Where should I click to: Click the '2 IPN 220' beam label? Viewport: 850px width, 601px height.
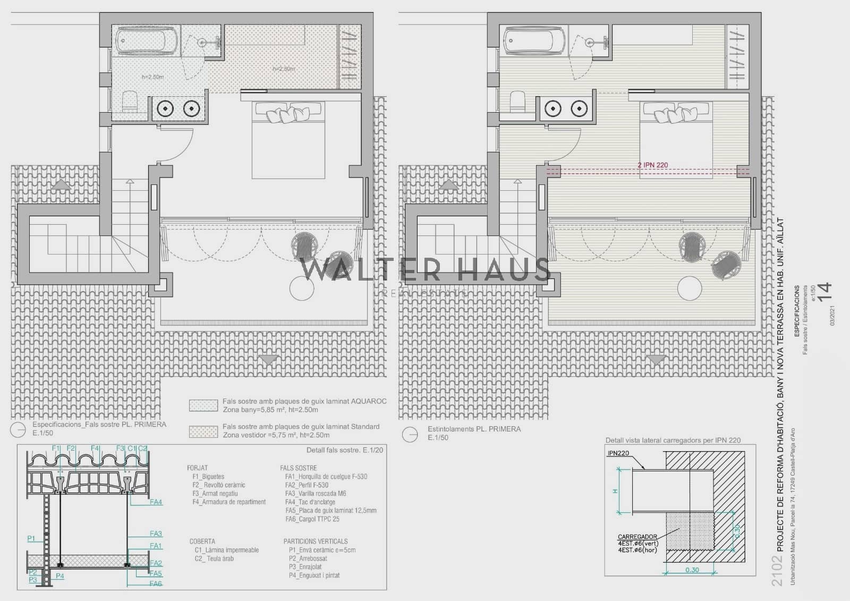click(x=653, y=165)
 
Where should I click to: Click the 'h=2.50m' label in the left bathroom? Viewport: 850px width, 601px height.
click(x=153, y=77)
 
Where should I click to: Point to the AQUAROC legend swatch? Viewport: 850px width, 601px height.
click(x=203, y=405)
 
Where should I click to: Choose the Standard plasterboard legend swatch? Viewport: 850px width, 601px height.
click(x=203, y=431)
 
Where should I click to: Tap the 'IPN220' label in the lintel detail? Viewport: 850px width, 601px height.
click(x=618, y=454)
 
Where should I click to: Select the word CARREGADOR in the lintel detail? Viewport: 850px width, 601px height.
click(x=637, y=537)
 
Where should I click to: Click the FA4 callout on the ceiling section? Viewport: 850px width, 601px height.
click(x=156, y=502)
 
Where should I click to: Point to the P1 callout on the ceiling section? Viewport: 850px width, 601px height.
click(x=31, y=539)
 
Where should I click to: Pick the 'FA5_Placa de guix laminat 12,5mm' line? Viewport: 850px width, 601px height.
click(x=330, y=511)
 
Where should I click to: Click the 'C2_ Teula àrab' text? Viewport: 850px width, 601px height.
click(x=214, y=558)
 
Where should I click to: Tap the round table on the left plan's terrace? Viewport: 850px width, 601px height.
click(x=302, y=289)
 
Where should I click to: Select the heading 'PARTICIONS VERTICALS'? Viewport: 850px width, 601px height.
click(x=316, y=541)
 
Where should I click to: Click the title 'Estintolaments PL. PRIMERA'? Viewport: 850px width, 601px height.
click(x=474, y=429)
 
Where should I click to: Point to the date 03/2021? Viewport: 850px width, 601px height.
click(x=832, y=315)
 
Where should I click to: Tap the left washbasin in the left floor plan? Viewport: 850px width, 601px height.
click(x=167, y=108)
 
